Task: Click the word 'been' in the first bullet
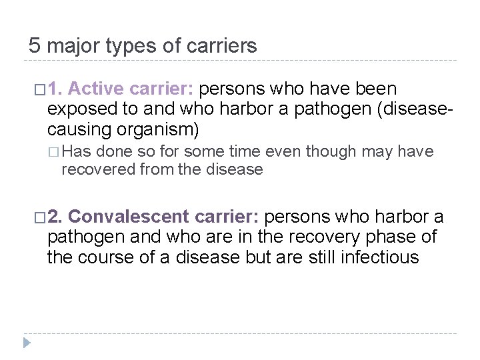click(x=377, y=89)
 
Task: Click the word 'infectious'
click(x=379, y=257)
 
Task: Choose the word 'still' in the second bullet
click(x=325, y=257)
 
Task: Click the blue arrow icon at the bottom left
click(x=27, y=343)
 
